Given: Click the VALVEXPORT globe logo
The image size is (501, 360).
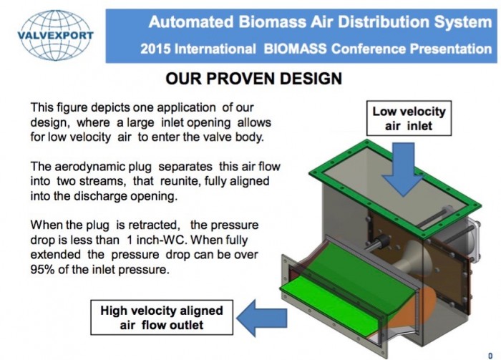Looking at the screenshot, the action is [55, 35].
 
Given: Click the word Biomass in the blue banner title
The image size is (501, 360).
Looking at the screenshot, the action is [272, 22].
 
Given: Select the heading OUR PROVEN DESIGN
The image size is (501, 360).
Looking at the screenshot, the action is [253, 79].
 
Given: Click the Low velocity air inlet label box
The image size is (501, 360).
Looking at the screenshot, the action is [409, 119].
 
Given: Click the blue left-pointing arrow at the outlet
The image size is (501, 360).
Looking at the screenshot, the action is [262, 318].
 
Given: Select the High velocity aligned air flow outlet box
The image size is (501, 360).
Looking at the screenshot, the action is [162, 318].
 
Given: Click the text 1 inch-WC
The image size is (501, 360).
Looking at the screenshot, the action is [156, 240].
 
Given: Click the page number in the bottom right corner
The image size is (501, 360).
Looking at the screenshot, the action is [490, 356].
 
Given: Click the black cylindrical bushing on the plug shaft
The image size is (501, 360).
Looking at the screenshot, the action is [382, 241].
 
